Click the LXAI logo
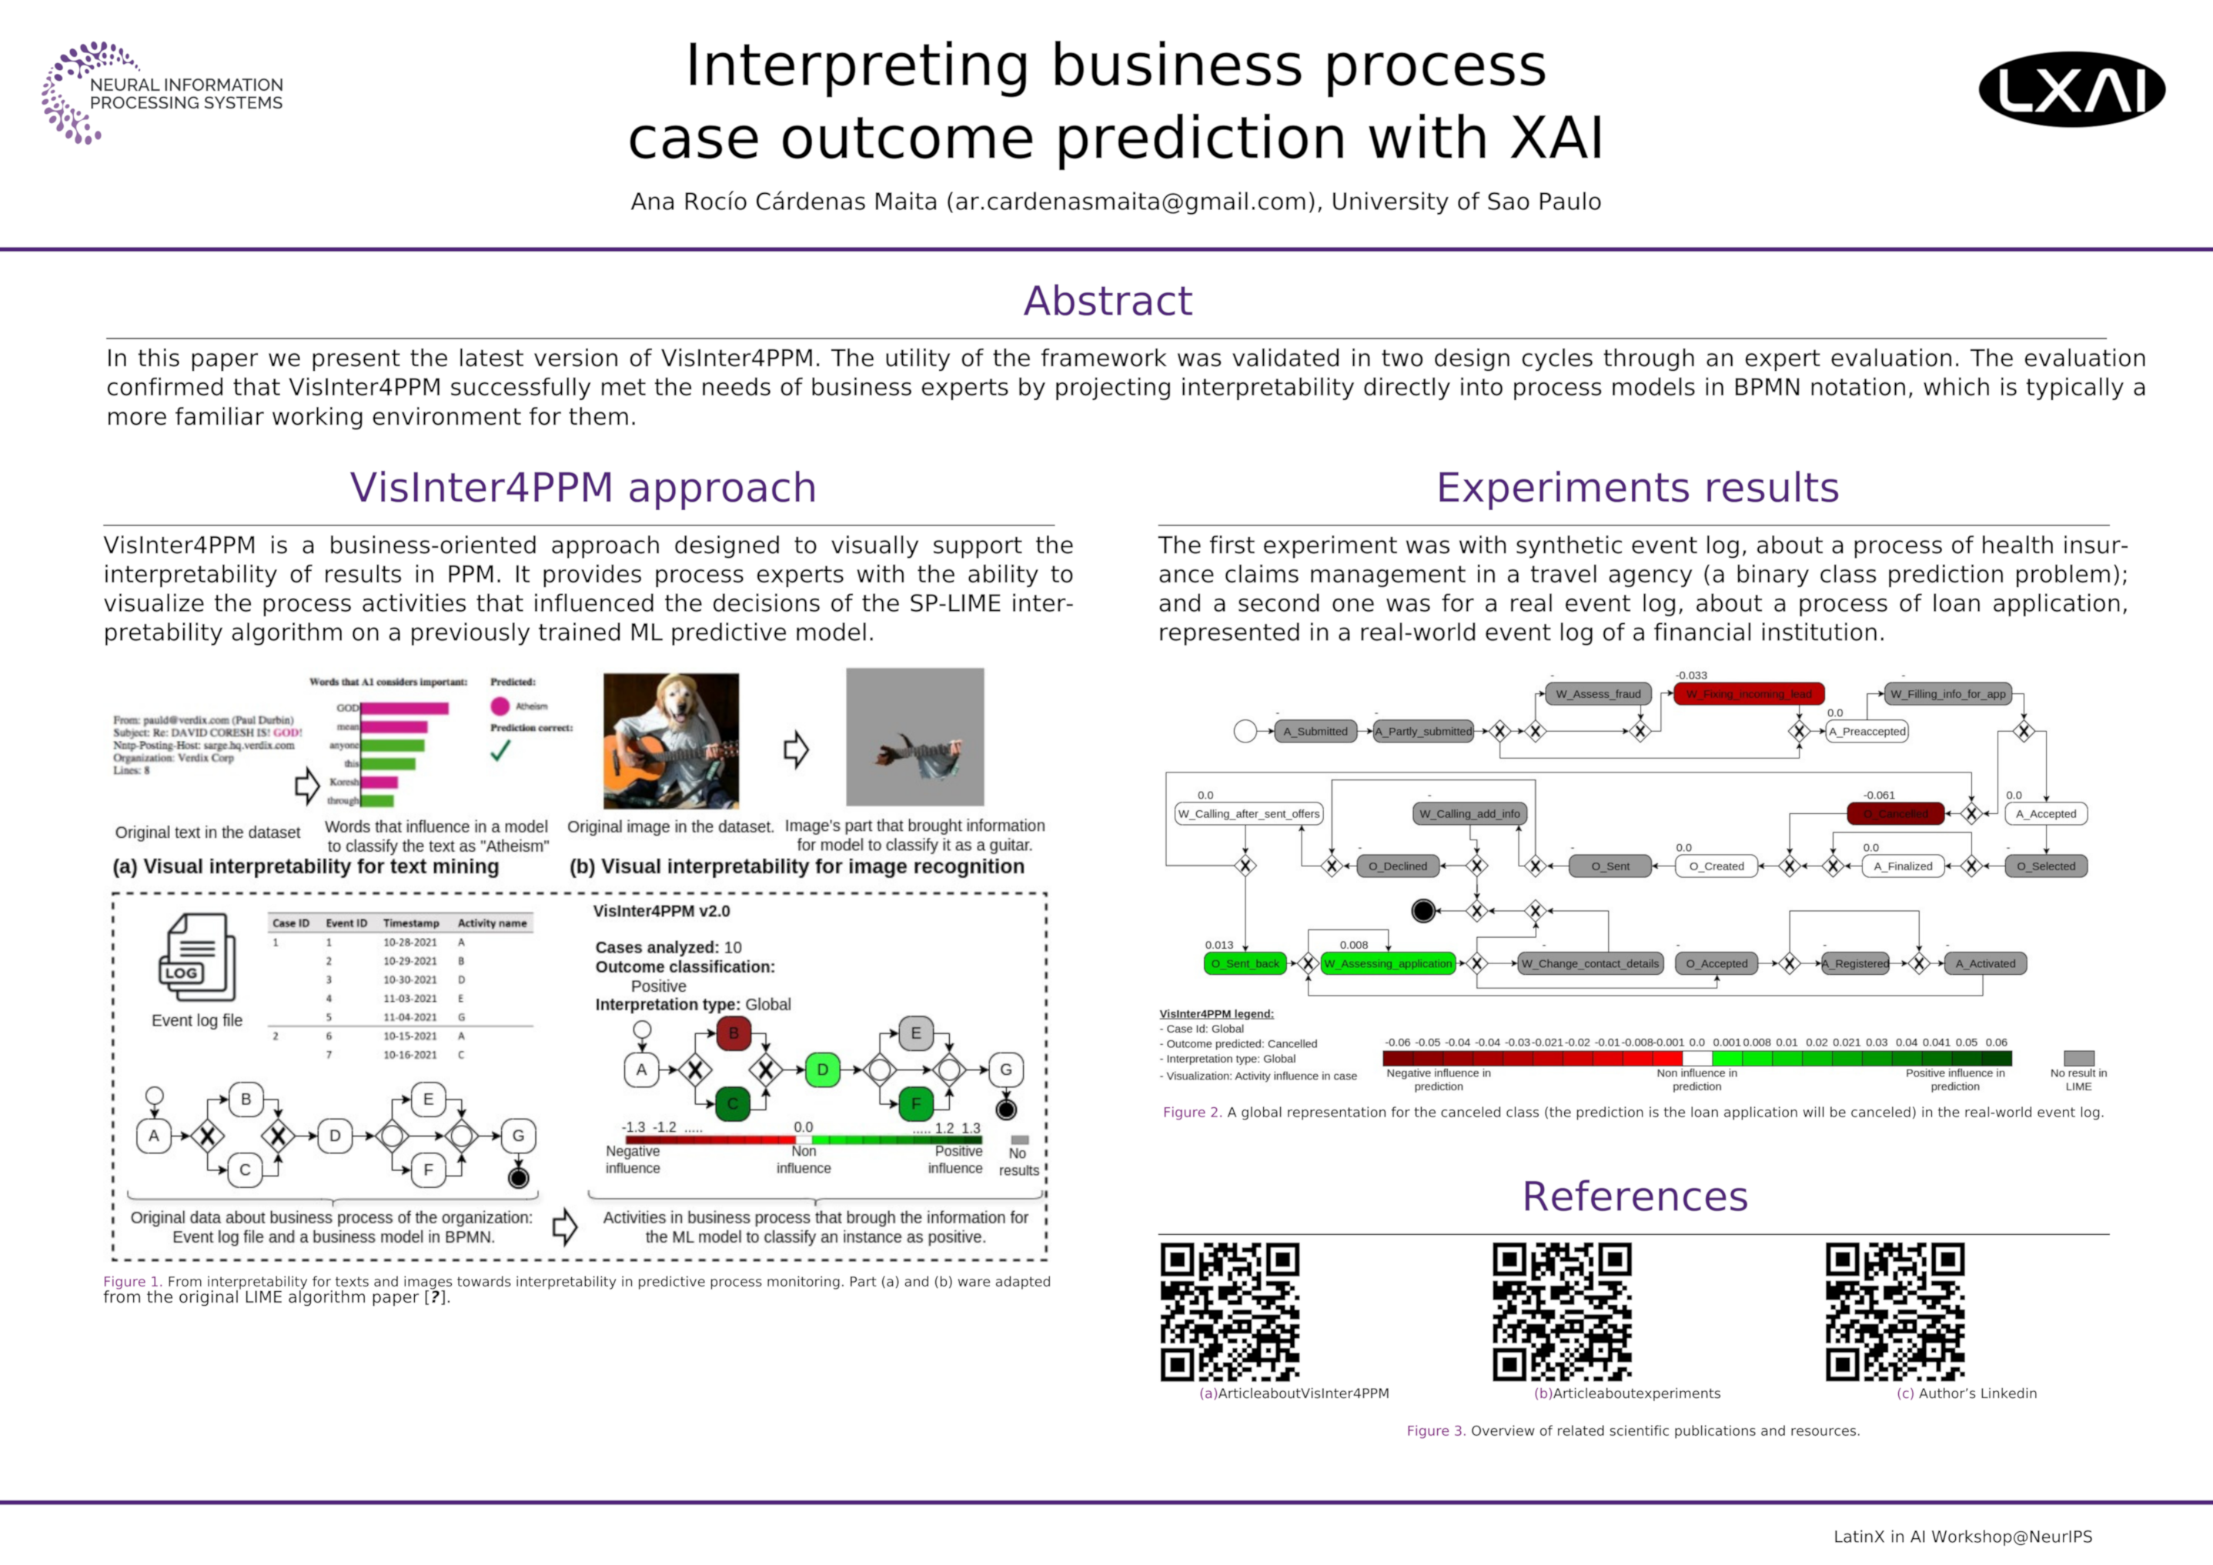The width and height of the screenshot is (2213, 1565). coord(2071,89)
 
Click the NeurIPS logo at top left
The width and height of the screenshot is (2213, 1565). coord(161,93)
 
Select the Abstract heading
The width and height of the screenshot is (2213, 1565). coord(1107,301)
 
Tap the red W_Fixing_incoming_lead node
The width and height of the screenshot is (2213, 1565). coord(1748,694)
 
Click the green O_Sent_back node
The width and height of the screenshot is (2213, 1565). coord(1245,963)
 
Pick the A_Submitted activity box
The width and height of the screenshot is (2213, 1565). coord(1315,732)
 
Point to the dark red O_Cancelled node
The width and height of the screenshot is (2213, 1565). coord(1895,814)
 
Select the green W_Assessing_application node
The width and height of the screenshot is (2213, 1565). coord(1387,963)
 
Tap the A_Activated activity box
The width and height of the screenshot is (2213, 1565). coord(1984,963)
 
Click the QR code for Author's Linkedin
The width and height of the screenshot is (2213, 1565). coord(1895,1312)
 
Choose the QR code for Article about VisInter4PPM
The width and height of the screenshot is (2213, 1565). coord(1229,1312)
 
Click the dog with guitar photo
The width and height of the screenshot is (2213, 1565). coord(671,740)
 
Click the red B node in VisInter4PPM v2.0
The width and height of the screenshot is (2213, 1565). coord(734,1033)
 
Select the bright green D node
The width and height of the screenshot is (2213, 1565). coord(822,1069)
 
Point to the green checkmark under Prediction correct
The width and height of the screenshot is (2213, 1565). coord(500,751)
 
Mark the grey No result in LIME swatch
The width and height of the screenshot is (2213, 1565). coord(2078,1057)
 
